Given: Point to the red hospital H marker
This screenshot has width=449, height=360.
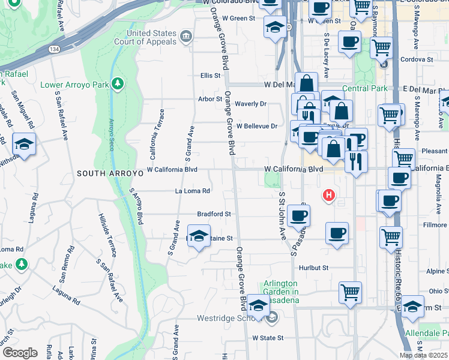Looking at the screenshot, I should tap(328, 195).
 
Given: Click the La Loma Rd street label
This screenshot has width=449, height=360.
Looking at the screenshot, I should tap(192, 191).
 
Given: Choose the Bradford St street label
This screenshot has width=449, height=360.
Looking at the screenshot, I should tap(214, 214).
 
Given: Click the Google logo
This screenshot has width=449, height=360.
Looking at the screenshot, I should tap(20, 353).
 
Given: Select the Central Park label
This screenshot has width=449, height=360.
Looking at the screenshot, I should tap(365, 89).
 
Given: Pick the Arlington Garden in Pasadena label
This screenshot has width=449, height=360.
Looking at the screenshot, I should tap(280, 292).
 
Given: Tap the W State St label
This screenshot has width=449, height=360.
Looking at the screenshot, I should tap(267, 338).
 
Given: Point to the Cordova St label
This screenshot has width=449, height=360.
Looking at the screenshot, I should tap(417, 60).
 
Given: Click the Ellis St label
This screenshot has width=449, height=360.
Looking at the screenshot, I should tap(211, 76).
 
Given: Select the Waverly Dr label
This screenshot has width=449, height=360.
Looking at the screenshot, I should tap(250, 104).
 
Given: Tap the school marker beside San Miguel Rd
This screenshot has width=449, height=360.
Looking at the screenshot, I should tap(24, 145).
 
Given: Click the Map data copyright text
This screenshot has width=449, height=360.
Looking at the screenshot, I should tap(423, 355).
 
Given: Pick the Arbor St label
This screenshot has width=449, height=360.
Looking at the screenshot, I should tap(211, 99).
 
